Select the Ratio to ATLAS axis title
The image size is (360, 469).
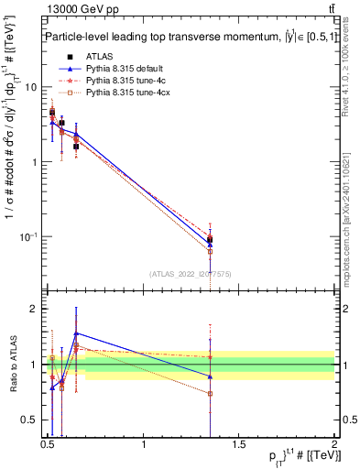11,365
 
